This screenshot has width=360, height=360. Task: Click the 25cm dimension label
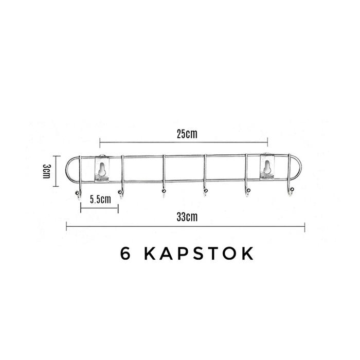click(x=184, y=135)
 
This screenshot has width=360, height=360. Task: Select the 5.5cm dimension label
click(x=100, y=200)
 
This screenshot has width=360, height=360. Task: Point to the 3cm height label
click(x=47, y=170)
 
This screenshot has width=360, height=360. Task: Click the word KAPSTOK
click(x=198, y=253)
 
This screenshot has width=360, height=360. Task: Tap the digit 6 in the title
click(x=125, y=253)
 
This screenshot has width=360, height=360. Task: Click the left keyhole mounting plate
click(x=102, y=169)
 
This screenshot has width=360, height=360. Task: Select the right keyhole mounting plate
click(x=267, y=168)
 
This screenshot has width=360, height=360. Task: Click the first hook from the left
click(x=79, y=193)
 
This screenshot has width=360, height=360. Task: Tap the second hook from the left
click(x=122, y=192)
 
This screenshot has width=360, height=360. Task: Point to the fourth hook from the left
click(x=205, y=192)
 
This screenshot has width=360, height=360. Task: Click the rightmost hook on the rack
click(x=290, y=192)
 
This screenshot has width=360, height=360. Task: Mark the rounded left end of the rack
click(x=70, y=170)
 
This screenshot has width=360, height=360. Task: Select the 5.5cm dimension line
click(x=99, y=207)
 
